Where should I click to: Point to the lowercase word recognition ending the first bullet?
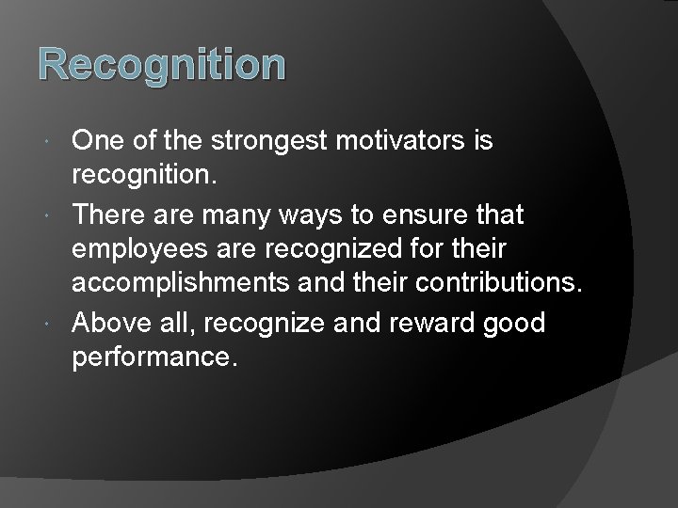(x=144, y=176)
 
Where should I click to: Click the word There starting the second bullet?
(x=109, y=215)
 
